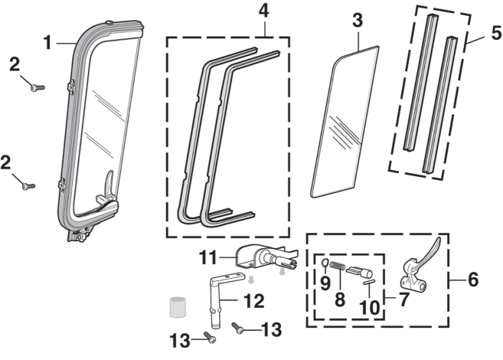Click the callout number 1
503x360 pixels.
coord(47,43)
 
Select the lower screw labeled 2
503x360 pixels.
coord(28,185)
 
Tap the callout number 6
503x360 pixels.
coord(472,280)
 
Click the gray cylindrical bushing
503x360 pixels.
coord(178,307)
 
